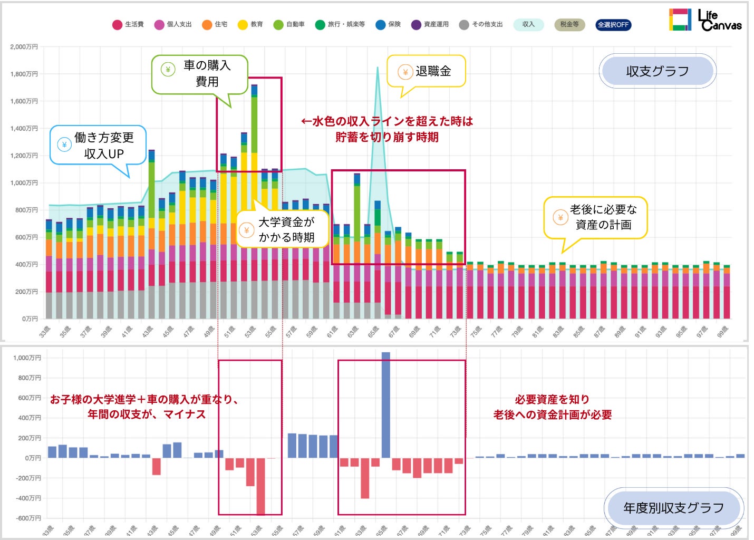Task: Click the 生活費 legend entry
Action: (x=128, y=25)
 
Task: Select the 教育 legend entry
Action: (x=250, y=25)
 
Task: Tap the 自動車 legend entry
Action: (x=289, y=25)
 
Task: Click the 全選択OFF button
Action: (x=613, y=25)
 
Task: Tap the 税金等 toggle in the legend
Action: (x=569, y=25)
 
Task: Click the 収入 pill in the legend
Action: (x=528, y=25)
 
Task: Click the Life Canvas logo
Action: (x=705, y=20)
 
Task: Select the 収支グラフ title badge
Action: (x=658, y=71)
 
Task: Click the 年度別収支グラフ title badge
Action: (x=673, y=508)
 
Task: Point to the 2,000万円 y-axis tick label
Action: (x=24, y=47)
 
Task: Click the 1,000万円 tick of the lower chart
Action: (x=27, y=358)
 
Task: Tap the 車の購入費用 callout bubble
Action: (x=200, y=74)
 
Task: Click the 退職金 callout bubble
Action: (x=427, y=71)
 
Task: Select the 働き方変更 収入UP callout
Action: (x=98, y=145)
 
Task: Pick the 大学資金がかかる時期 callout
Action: (x=283, y=229)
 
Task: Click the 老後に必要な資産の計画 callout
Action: (x=596, y=217)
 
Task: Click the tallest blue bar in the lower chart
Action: (x=385, y=404)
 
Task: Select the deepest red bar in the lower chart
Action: (x=260, y=485)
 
